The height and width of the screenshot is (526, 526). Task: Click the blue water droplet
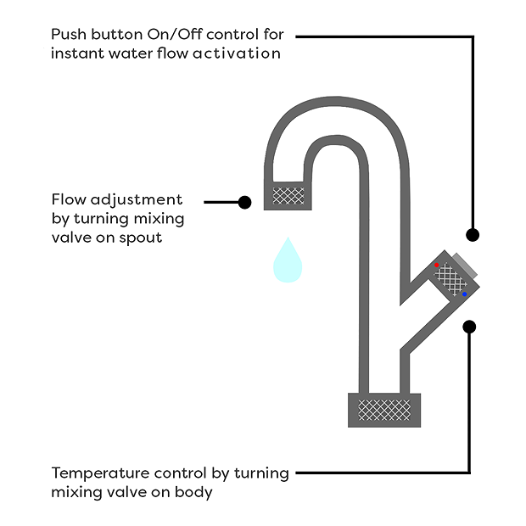pyautogui.click(x=288, y=261)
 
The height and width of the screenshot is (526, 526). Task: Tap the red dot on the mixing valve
pyautogui.click(x=437, y=266)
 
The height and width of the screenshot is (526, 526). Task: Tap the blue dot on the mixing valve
pyautogui.click(x=464, y=294)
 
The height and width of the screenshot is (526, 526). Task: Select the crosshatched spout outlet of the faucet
pyautogui.click(x=288, y=196)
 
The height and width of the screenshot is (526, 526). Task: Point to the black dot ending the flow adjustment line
pyautogui.click(x=245, y=202)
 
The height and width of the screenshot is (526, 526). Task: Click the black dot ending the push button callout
pyautogui.click(x=473, y=234)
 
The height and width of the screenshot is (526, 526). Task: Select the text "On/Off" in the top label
pyautogui.click(x=162, y=36)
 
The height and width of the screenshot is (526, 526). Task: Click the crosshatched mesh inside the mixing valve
pyautogui.click(x=451, y=279)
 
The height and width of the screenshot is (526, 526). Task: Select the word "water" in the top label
pyautogui.click(x=130, y=53)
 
